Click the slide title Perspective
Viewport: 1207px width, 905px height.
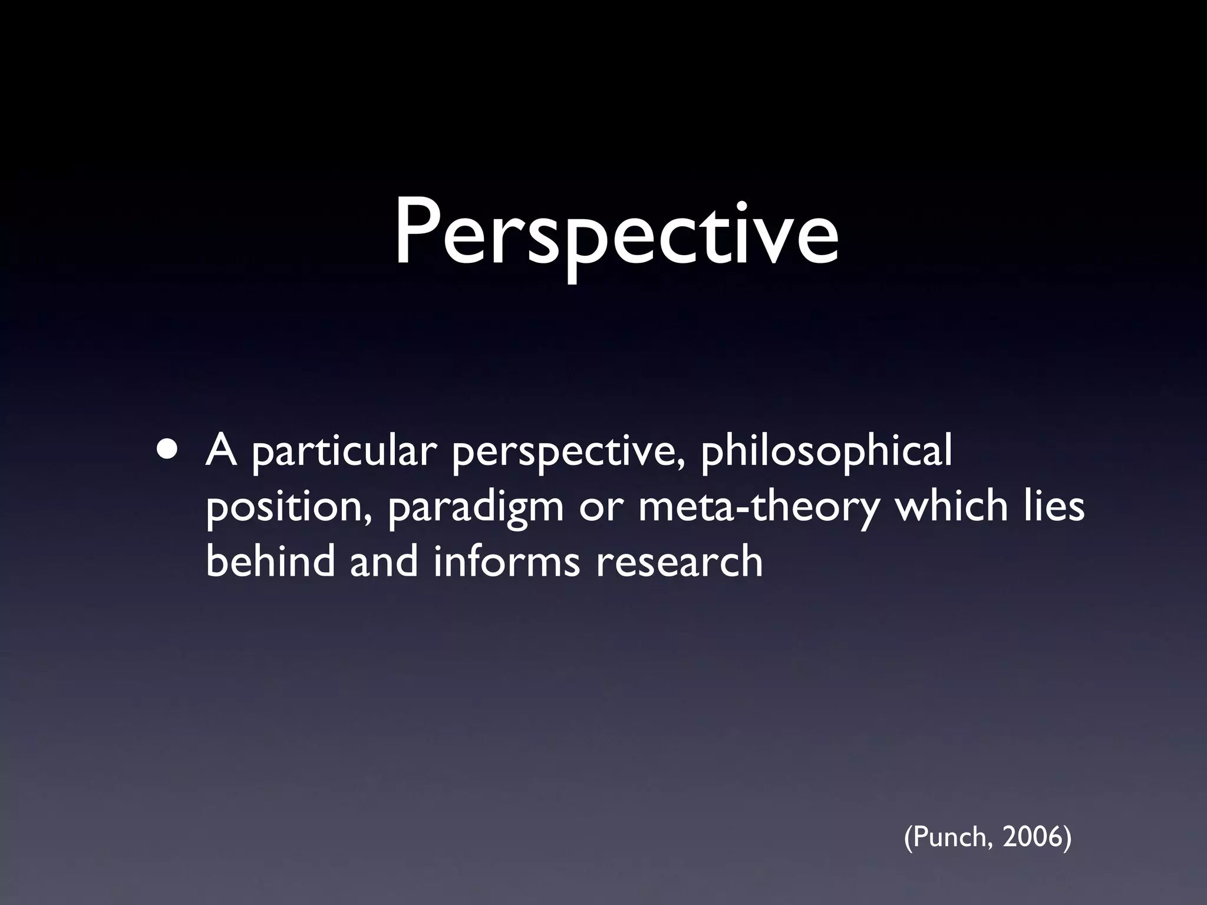click(x=616, y=236)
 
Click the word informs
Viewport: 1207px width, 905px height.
click(x=507, y=561)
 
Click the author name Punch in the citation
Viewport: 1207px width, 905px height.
click(x=949, y=837)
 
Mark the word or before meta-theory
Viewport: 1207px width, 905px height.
click(x=600, y=508)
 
